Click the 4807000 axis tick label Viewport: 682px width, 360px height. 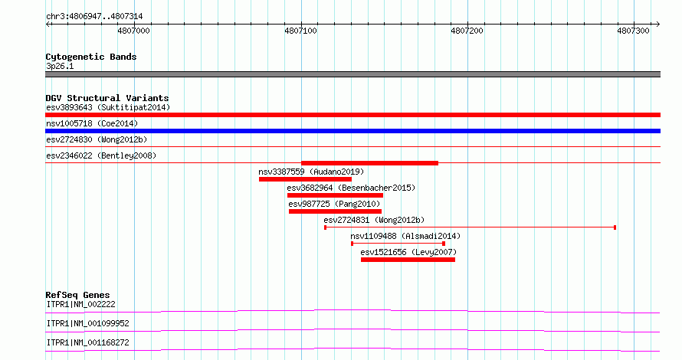tap(133, 31)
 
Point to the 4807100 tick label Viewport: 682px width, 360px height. tap(300, 31)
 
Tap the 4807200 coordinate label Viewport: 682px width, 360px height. tap(467, 31)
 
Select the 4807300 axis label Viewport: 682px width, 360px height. tap(633, 31)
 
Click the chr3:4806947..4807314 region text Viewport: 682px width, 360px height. tap(94, 17)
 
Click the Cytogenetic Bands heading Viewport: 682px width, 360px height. tap(91, 57)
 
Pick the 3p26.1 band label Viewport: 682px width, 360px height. tap(60, 66)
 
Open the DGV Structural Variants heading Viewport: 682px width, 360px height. tap(107, 98)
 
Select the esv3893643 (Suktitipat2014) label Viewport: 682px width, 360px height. tap(108, 107)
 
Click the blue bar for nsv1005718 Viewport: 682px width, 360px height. tap(352, 131)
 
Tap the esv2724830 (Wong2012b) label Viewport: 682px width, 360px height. tap(97, 139)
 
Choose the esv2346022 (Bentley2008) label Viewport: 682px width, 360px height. tap(101, 155)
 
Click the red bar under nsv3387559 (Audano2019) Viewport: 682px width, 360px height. tap(305, 179)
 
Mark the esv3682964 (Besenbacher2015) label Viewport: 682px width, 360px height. tap(351, 188)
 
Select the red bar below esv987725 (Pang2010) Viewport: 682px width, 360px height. tap(335, 211)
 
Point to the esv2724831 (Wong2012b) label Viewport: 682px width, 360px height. tap(374, 220)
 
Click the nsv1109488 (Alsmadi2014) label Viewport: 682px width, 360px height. tap(405, 236)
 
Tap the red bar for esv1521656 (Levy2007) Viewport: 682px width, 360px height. tap(408, 260)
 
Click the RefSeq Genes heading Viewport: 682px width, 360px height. tap(78, 295)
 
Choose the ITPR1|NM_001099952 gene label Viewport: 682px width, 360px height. tap(88, 323)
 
